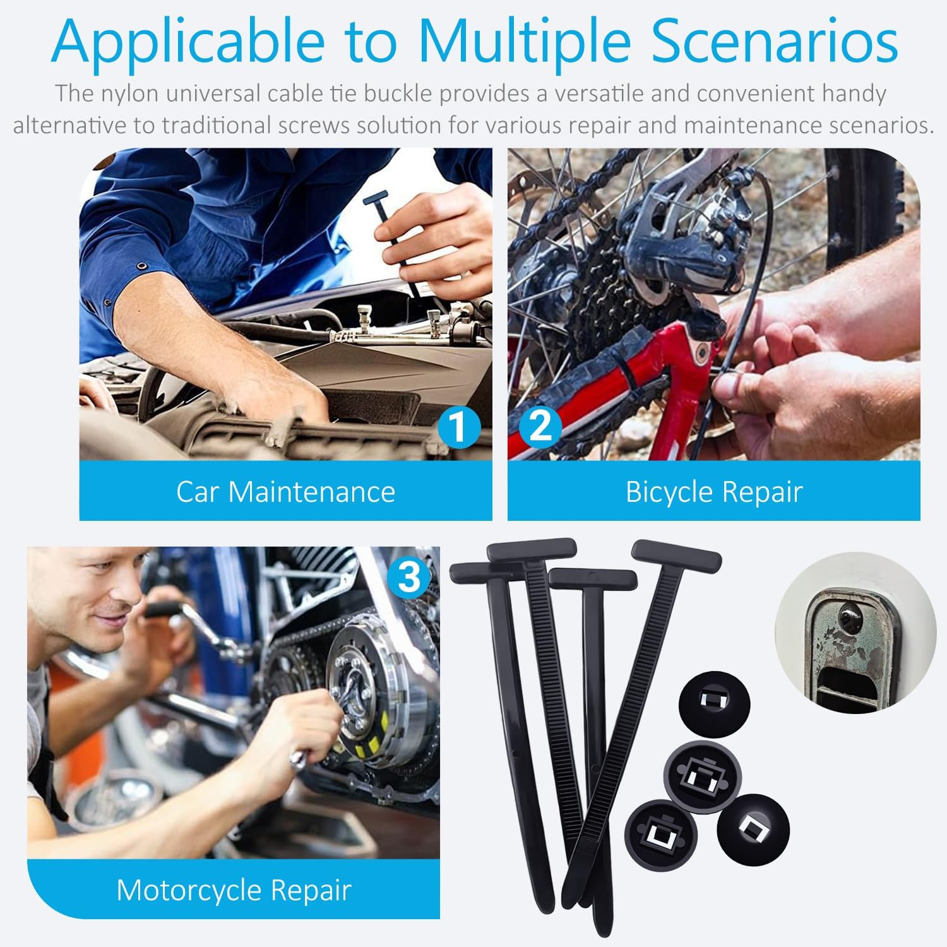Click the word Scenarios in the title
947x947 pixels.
click(775, 42)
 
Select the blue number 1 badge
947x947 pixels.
click(459, 426)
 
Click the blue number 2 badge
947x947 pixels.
click(540, 426)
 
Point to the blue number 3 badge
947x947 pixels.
click(409, 576)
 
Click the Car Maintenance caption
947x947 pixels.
click(285, 491)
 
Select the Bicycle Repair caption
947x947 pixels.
click(713, 491)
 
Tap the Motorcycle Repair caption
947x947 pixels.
click(234, 890)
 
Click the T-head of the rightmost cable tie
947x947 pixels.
click(676, 554)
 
